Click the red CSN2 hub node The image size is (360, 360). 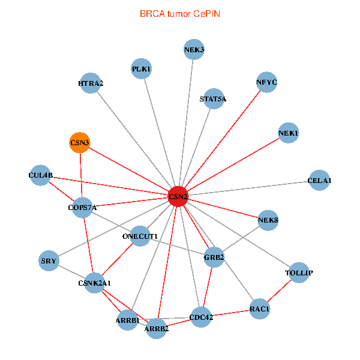tap(178, 196)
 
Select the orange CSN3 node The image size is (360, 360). tap(80, 143)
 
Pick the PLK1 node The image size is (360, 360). tap(142, 69)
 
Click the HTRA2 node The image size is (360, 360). tap(91, 83)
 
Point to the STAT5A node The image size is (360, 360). tap(214, 99)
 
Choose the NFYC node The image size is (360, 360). tap(266, 82)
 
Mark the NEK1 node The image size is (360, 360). tap(289, 133)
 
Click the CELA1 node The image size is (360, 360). tap(319, 181)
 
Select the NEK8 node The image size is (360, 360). tap(268, 221)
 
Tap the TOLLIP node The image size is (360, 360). tap(299, 273)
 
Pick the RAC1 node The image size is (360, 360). tap(260, 310)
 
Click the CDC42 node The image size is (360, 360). tap(201, 317)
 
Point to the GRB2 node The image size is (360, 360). tap(214, 257)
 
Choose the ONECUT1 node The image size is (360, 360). tap(140, 236)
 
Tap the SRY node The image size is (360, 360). tap(49, 261)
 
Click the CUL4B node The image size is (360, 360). tap(41, 175)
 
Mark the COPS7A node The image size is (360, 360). tap(82, 208)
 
